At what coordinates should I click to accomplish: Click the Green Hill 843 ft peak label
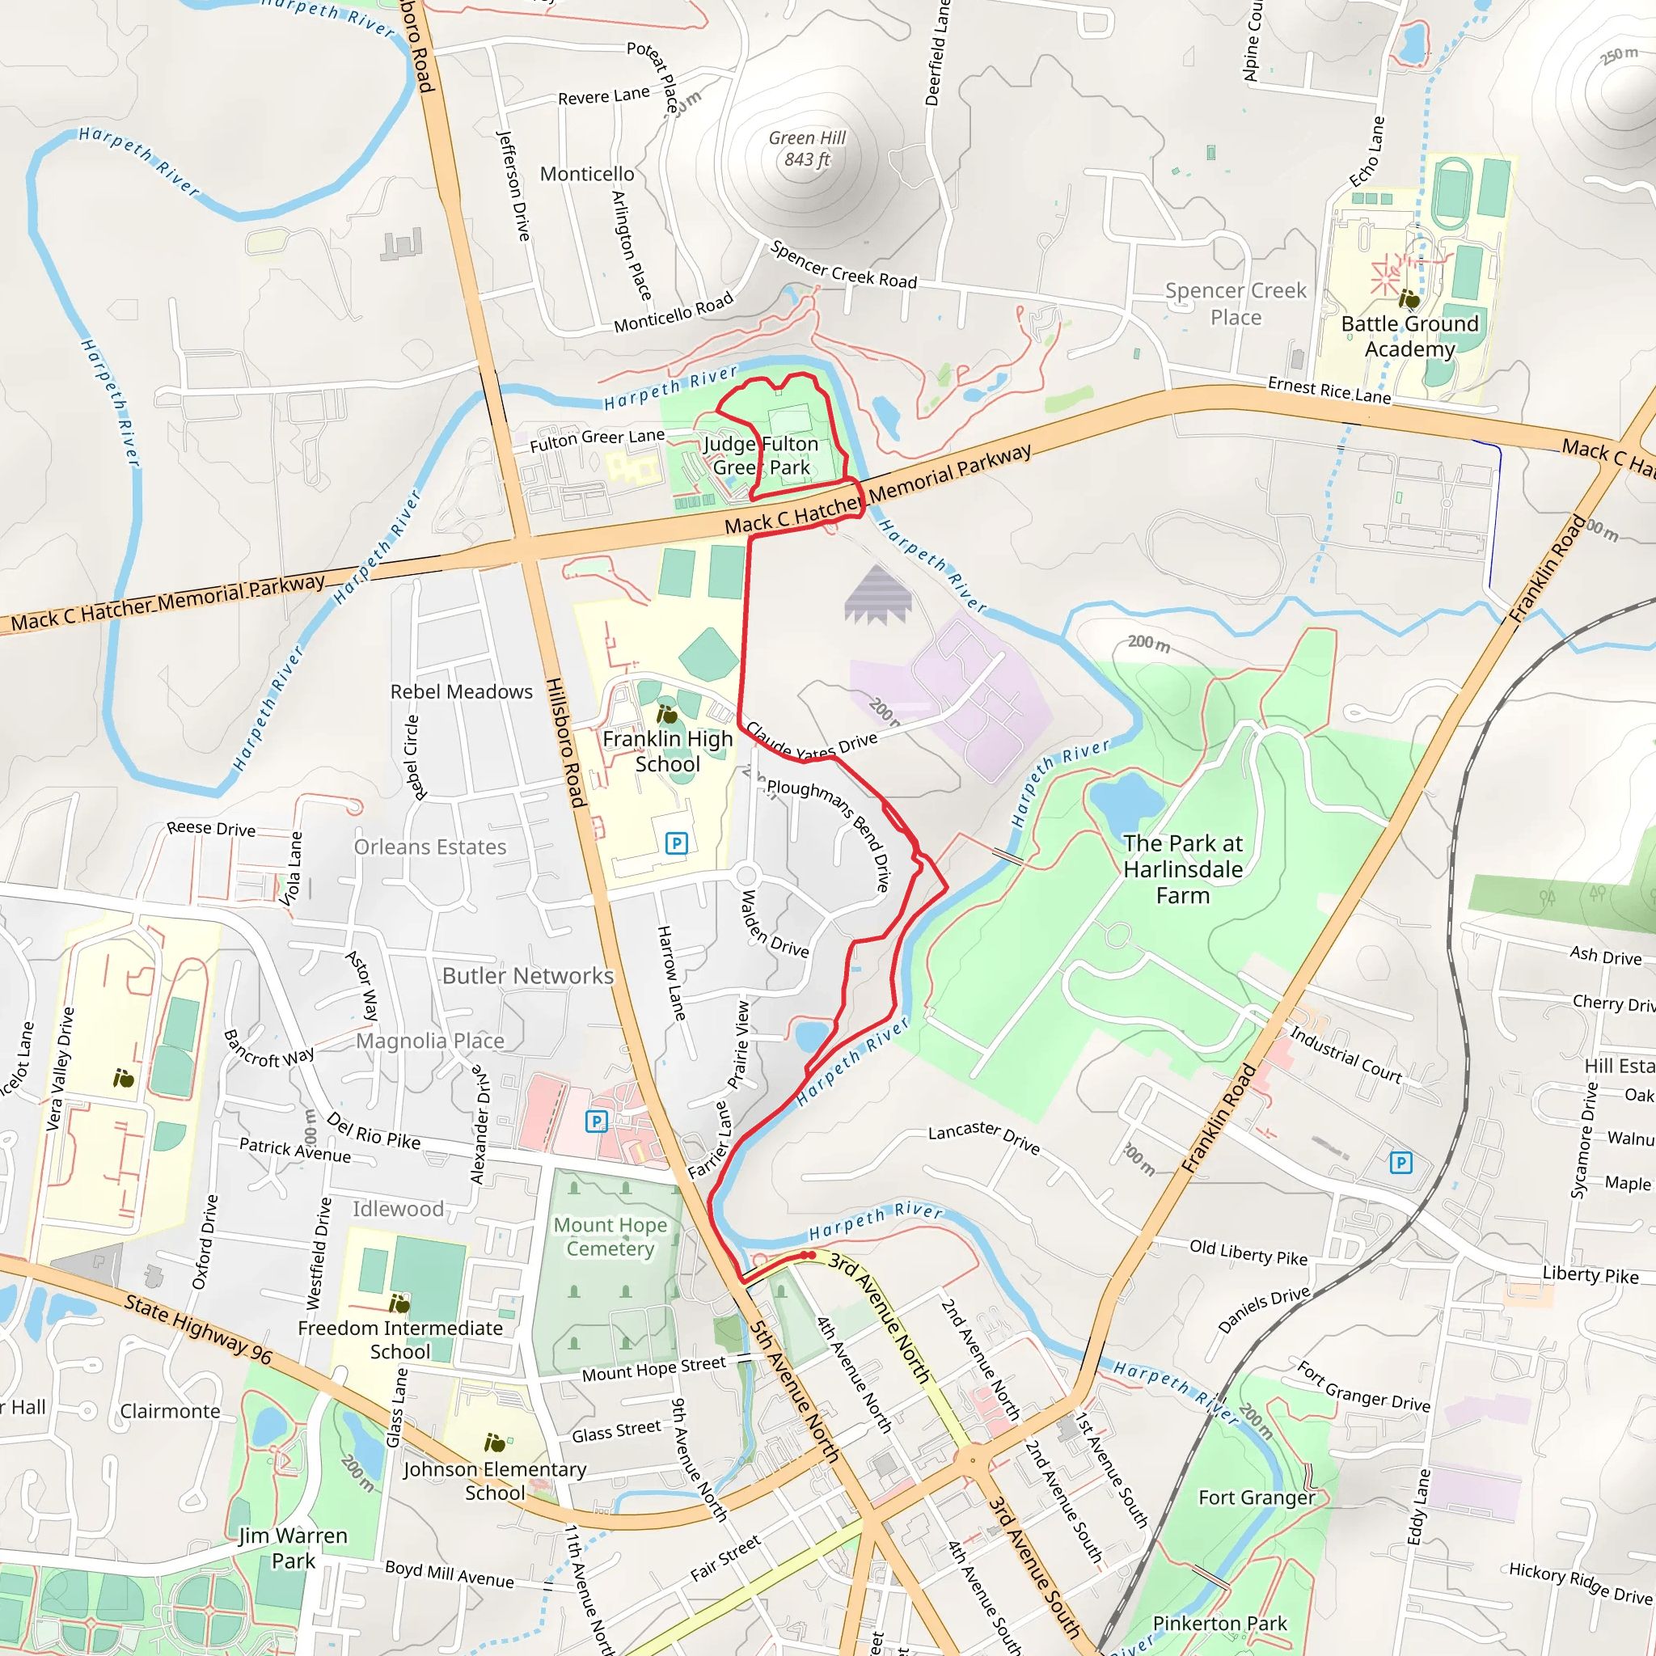(806, 148)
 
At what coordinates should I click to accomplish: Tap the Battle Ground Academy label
(1409, 336)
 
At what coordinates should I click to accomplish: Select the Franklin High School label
(667, 751)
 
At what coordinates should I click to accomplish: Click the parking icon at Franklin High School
(676, 843)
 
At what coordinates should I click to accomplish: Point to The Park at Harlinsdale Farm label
(1182, 869)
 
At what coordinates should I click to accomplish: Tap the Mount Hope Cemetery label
(610, 1236)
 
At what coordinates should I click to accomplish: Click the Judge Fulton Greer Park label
(761, 455)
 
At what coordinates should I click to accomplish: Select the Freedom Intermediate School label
(399, 1339)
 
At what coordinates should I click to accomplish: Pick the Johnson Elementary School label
(495, 1481)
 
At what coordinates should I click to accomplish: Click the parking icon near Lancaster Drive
(1400, 1162)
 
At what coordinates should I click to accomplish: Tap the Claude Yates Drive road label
(811, 743)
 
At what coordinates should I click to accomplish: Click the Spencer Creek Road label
(843, 265)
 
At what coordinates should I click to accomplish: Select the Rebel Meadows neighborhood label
(461, 691)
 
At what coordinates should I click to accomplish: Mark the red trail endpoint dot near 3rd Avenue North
(809, 1256)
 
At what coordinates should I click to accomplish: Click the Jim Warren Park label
(294, 1547)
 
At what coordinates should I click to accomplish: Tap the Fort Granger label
(1256, 1498)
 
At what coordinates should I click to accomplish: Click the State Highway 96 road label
(198, 1329)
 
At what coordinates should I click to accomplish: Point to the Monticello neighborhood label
(587, 174)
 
